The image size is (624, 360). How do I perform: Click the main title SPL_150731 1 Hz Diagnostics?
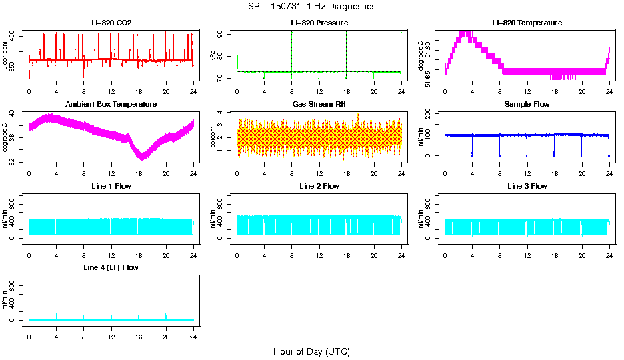(x=311, y=7)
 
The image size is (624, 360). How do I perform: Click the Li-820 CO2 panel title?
(x=111, y=23)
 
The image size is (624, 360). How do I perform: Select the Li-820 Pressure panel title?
(x=319, y=23)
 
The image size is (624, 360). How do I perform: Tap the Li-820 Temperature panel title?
(x=527, y=23)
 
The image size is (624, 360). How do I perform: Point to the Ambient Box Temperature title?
(x=111, y=104)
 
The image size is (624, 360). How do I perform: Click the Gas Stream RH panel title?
(x=319, y=104)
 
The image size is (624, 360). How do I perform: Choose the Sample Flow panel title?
(x=527, y=104)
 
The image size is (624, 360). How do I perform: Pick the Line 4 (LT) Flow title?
(x=111, y=267)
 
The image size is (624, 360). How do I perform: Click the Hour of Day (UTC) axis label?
(x=311, y=351)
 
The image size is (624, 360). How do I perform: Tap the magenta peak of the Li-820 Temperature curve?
(x=466, y=34)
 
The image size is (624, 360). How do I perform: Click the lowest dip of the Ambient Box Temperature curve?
(x=141, y=157)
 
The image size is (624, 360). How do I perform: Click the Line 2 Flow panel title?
(x=319, y=186)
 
